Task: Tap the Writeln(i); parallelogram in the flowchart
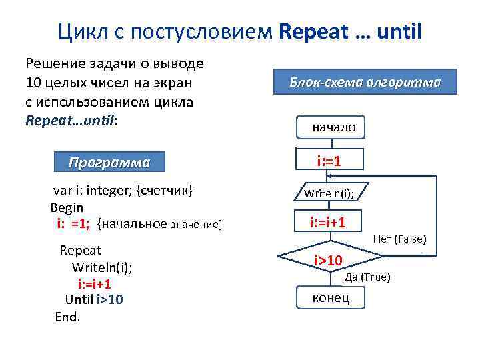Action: [329, 193]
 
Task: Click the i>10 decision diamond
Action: [329, 259]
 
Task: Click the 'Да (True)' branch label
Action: [367, 277]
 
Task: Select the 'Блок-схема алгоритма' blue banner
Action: [365, 83]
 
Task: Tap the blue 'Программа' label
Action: [110, 163]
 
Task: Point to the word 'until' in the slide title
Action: [399, 31]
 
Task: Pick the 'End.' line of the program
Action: [67, 317]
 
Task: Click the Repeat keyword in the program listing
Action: [81, 251]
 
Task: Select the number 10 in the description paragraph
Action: [33, 84]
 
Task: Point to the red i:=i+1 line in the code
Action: [95, 284]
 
